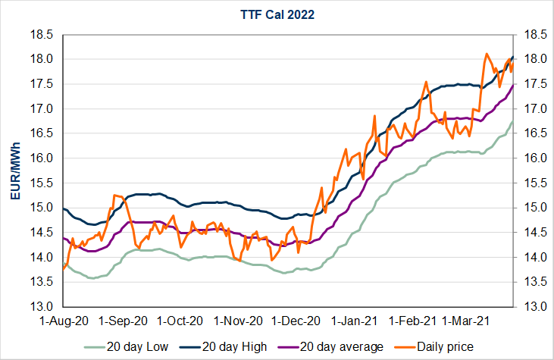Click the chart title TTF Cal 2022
[x=277, y=14]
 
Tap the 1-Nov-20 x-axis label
[x=240, y=321]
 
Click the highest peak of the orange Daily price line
[x=486, y=54]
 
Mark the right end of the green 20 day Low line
[x=514, y=121]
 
